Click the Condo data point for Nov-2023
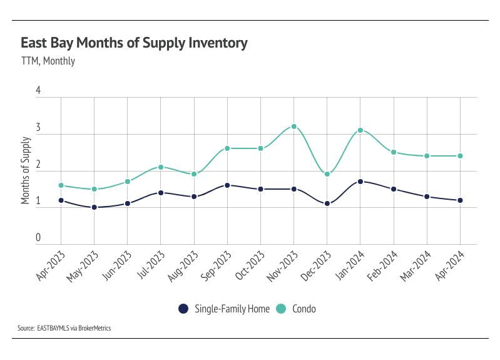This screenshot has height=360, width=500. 293,127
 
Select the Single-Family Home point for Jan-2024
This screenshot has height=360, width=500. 360,182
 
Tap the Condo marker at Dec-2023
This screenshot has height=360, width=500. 327,174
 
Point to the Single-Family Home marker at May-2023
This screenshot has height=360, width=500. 94,207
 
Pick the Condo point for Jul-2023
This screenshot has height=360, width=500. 161,167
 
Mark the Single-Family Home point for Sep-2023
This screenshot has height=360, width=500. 227,185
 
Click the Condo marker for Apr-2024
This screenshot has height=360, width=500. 460,156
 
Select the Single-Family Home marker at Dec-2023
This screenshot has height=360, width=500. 327,203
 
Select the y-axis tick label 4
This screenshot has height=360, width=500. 38,91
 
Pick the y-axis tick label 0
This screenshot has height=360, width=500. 38,238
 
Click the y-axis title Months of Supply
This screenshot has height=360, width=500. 26,167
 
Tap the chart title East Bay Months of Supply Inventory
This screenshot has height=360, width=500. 134,43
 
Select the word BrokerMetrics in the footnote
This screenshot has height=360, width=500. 94,328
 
